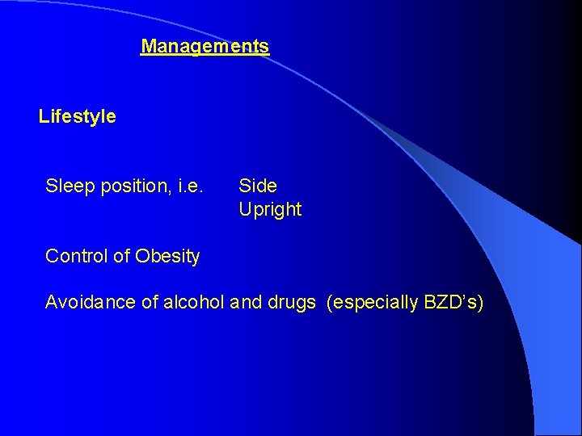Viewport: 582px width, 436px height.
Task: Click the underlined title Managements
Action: (205, 47)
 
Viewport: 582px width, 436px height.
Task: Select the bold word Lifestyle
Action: (77, 117)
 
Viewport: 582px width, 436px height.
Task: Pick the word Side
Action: (258, 187)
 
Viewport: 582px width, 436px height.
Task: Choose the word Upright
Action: (270, 210)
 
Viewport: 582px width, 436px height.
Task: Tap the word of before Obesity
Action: (120, 257)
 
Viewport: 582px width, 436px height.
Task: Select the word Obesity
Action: (167, 257)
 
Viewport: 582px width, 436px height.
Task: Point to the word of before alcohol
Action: (148, 303)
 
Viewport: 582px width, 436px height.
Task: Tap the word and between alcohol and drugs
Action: (246, 303)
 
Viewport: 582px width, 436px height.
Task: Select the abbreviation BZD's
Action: (449, 303)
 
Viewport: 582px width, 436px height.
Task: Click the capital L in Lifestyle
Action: (44, 117)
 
